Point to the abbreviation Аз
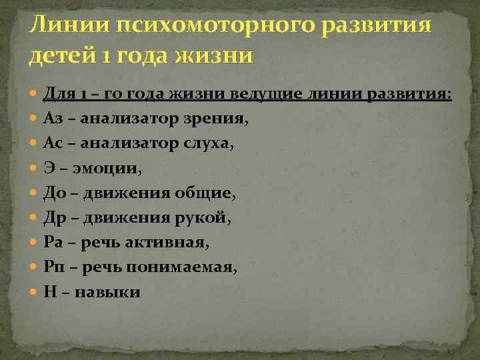[53, 119]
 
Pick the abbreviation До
[54, 193]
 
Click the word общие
[204, 193]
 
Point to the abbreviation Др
[54, 217]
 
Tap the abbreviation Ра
[53, 242]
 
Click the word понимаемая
[193, 267]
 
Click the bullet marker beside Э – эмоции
[35, 169]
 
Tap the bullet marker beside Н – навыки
[35, 291]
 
